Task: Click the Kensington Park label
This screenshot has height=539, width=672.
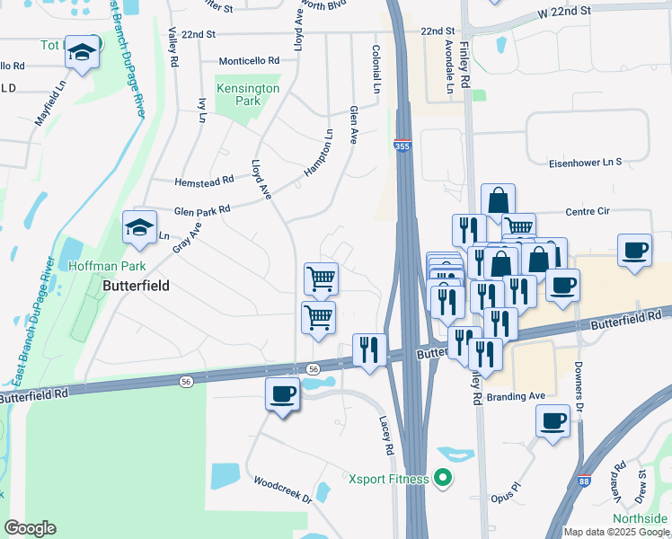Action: click(x=247, y=95)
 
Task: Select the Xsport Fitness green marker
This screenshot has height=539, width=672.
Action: click(x=441, y=479)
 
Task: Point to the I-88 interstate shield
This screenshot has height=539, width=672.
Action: click(x=585, y=482)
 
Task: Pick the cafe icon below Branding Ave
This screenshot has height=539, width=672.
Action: click(x=553, y=420)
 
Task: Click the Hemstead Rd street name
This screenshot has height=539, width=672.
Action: click(x=204, y=180)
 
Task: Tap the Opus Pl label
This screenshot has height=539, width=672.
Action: click(x=507, y=498)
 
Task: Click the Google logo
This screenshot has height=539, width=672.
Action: click(x=30, y=528)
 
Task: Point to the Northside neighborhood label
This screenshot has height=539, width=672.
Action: click(x=640, y=519)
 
